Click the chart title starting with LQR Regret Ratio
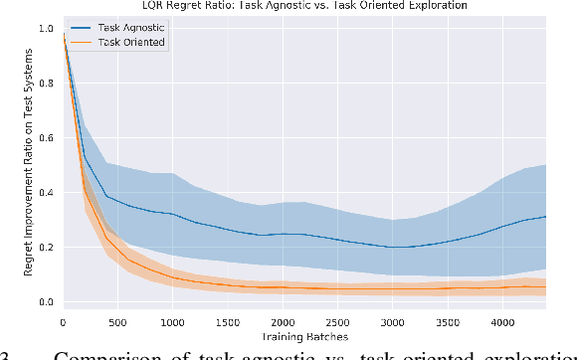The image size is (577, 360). [x=303, y=7]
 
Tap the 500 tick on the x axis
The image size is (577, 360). [x=117, y=322]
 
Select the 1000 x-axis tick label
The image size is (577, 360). [x=172, y=322]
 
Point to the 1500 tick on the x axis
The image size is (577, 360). [x=228, y=322]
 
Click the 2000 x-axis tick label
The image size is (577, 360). [x=283, y=322]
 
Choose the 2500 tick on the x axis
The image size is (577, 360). [x=338, y=322]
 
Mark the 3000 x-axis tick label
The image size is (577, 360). [x=393, y=322]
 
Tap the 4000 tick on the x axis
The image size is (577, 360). [x=503, y=322]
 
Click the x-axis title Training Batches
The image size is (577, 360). [x=303, y=337]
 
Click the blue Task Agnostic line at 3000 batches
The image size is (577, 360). [x=393, y=247]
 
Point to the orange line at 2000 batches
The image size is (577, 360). [x=283, y=287]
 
